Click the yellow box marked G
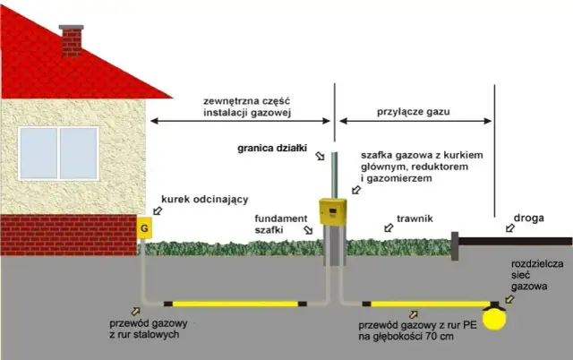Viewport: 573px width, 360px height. point(142,228)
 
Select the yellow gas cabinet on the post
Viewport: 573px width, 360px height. point(332,211)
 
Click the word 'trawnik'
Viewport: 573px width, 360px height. point(415,217)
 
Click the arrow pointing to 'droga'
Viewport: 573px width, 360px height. point(509,229)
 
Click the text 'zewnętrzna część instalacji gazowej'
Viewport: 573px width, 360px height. point(240,107)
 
